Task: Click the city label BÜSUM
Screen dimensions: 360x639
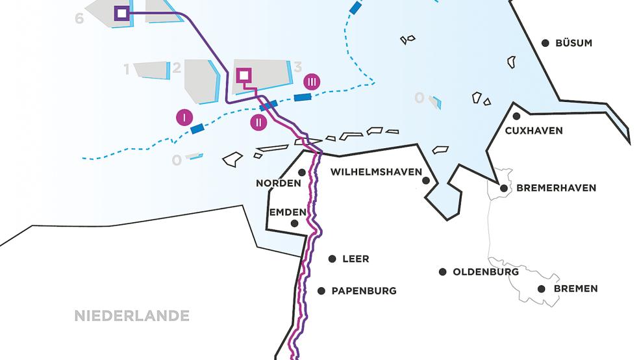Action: click(573, 44)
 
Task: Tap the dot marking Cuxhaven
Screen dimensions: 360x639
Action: click(516, 116)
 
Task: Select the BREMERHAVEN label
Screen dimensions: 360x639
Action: click(556, 188)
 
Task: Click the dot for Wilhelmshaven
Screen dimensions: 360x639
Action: click(426, 180)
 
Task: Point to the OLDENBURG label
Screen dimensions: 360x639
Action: click(486, 272)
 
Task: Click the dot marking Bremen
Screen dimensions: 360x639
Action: click(542, 289)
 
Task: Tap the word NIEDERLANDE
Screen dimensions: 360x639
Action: click(132, 316)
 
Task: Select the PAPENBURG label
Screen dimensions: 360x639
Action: click(364, 291)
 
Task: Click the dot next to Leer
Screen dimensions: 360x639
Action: click(332, 258)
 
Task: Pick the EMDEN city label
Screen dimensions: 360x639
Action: click(288, 212)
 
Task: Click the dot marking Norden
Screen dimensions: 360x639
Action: click(302, 172)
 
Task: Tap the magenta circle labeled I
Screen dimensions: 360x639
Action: click(184, 118)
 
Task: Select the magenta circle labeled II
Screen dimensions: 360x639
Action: click(258, 122)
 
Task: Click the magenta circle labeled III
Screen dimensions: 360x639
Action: click(312, 82)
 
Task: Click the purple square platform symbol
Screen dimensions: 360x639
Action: click(120, 13)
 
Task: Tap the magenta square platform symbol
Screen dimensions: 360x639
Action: click(243, 76)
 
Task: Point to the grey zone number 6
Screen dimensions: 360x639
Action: click(79, 19)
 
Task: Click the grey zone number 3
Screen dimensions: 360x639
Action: click(297, 67)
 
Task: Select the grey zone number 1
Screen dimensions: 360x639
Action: click(127, 69)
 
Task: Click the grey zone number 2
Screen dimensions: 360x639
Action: click(176, 69)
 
